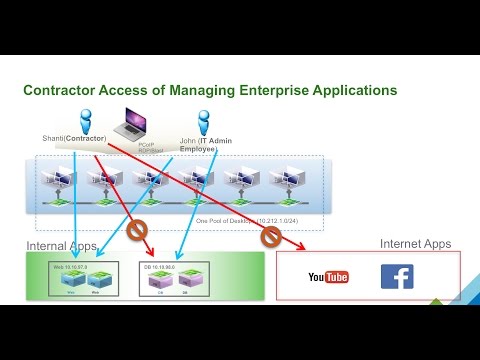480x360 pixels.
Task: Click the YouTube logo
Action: tap(328, 276)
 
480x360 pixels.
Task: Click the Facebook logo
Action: tap(397, 276)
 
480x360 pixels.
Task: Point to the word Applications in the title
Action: tap(350, 91)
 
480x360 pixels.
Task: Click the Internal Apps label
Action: tap(63, 245)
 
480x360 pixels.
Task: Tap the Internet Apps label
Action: tap(415, 243)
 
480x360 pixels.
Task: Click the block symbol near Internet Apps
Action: tap(270, 237)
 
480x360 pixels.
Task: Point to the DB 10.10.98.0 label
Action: tap(164, 268)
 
